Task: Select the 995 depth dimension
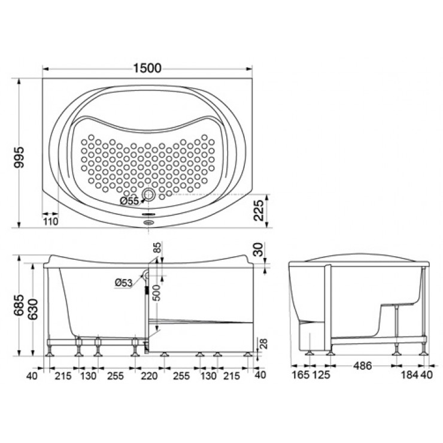click(19, 157)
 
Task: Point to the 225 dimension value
click(259, 211)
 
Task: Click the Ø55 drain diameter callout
click(130, 201)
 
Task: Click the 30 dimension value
click(258, 249)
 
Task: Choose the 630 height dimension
click(38, 311)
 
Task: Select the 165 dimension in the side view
click(301, 375)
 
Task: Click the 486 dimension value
click(361, 365)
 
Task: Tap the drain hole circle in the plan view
click(148, 195)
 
